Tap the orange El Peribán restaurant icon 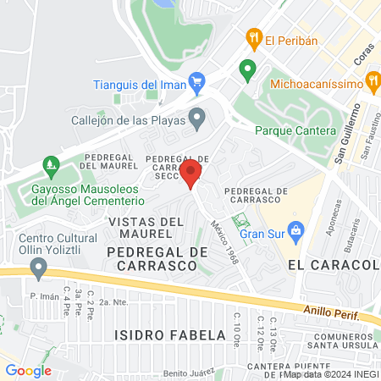tap(252, 38)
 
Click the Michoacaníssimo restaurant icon tap(373, 81)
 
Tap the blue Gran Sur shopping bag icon tap(295, 229)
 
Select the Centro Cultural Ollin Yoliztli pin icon tap(38, 268)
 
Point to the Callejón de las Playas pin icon tap(197, 119)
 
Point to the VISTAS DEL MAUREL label tap(146, 227)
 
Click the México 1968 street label tap(221, 240)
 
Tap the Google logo tap(28, 370)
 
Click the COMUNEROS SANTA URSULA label tap(338, 342)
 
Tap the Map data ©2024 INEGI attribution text tap(331, 373)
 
